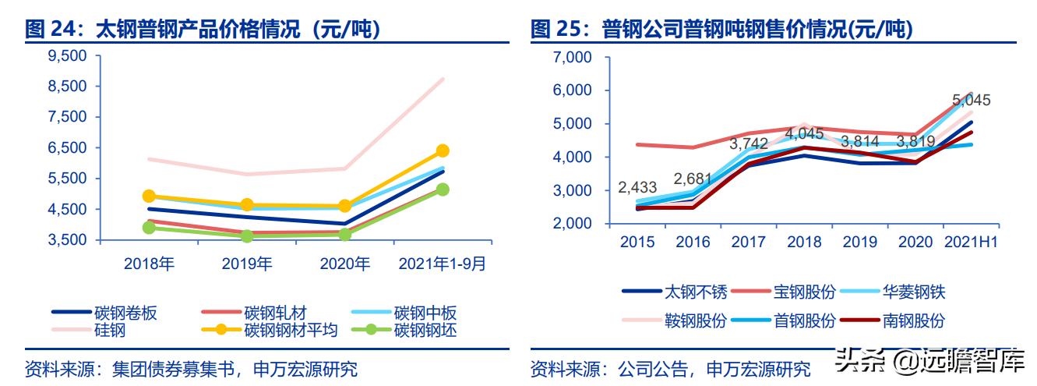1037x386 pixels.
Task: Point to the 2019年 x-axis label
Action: point(247,264)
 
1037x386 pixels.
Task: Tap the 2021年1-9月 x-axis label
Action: point(442,264)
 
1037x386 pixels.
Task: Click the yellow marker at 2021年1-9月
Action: point(443,151)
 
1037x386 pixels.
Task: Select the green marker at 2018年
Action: point(149,227)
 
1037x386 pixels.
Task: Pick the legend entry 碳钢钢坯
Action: point(425,330)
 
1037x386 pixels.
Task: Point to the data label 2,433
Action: point(637,187)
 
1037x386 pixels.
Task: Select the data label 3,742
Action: point(749,144)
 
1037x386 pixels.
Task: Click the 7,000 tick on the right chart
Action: point(572,57)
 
